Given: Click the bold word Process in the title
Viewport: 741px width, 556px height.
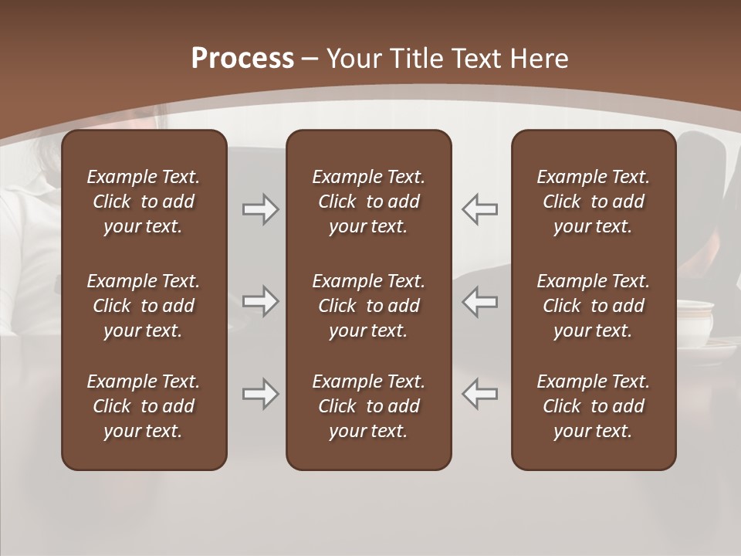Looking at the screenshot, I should [x=242, y=59].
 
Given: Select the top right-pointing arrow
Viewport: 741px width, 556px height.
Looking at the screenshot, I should [x=261, y=209].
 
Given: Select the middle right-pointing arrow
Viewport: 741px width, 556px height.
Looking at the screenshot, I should [x=261, y=301].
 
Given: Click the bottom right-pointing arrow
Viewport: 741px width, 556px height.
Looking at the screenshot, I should [x=261, y=394].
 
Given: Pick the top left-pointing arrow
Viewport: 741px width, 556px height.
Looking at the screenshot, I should [x=480, y=209].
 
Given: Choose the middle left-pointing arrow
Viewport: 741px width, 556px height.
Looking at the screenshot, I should [x=480, y=301].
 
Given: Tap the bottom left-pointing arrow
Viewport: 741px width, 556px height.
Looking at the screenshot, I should [x=480, y=394].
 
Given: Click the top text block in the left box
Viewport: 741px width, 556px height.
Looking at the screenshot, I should [x=144, y=202].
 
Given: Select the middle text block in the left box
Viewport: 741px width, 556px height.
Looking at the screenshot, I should [x=144, y=306].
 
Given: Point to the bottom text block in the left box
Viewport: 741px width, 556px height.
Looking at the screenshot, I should [x=144, y=406].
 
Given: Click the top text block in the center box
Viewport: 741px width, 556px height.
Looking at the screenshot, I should [x=369, y=202].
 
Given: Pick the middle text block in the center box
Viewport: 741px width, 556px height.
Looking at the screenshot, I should [x=369, y=306].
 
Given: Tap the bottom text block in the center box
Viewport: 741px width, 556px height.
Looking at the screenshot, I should [x=369, y=406].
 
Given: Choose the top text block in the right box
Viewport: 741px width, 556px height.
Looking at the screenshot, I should [x=594, y=202].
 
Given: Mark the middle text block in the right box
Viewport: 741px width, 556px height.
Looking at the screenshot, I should [x=594, y=306].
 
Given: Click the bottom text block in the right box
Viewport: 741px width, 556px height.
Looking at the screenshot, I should [x=594, y=406].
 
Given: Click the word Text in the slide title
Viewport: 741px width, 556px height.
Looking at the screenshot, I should [x=475, y=59].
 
